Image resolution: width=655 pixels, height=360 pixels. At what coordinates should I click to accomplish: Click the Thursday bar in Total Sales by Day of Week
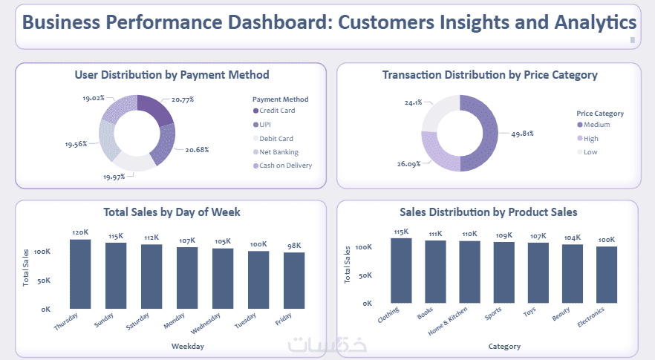pos(80,273)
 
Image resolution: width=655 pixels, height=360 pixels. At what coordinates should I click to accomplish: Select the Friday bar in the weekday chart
pos(294,280)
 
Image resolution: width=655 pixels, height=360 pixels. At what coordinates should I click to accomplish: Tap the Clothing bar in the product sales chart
pos(401,270)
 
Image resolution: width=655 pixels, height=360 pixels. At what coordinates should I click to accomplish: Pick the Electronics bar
pos(607,275)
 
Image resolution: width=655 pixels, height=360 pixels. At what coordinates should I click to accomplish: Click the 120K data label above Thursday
pos(80,232)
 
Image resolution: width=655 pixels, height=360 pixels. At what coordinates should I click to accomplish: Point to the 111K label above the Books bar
pos(436,234)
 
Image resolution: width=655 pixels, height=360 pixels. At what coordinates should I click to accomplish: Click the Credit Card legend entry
pos(276,111)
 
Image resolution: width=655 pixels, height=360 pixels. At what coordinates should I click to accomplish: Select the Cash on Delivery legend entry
pos(285,166)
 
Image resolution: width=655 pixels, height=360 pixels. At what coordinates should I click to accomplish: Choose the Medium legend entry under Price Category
pos(596,125)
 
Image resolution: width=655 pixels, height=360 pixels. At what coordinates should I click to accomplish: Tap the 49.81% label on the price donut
pos(522,134)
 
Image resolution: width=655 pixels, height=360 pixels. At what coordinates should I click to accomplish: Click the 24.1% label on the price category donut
pos(413,102)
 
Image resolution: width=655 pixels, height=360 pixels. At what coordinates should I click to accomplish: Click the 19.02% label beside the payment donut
pos(94,97)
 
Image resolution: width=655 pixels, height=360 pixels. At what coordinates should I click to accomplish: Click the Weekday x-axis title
pos(187,346)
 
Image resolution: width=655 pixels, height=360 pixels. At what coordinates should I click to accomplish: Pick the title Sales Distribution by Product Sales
pos(488,212)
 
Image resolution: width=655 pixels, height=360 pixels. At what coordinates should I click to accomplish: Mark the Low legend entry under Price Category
pos(590,152)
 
